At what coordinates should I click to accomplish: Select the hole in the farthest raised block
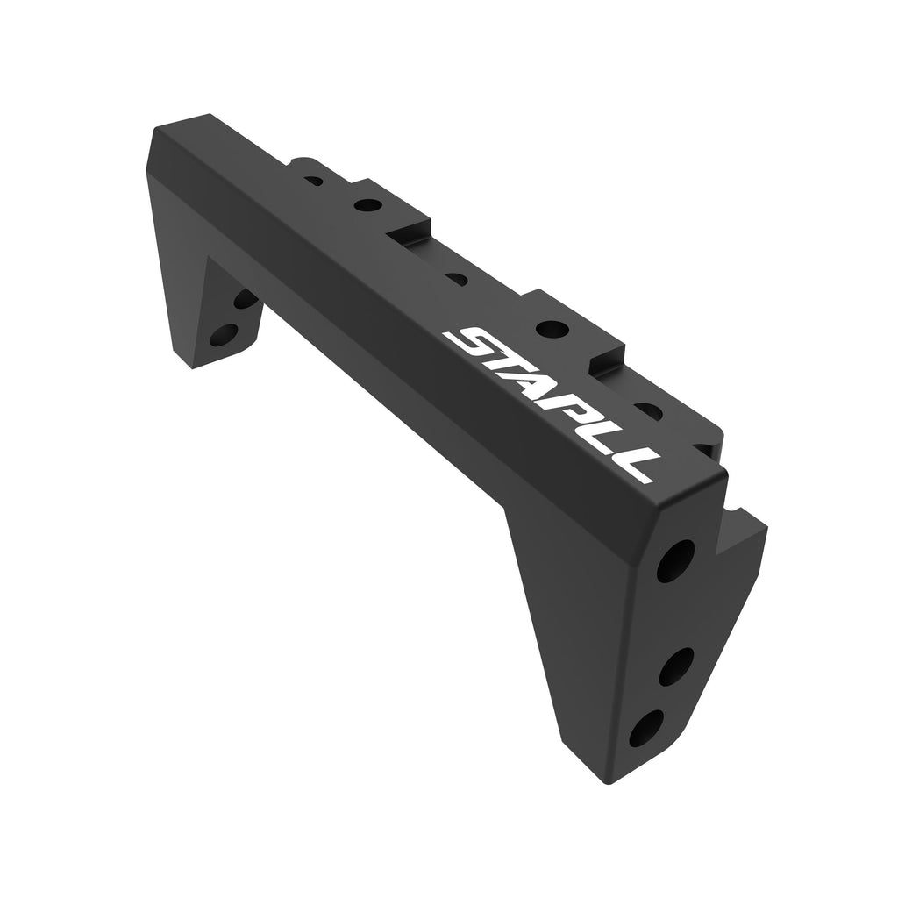pos(368,205)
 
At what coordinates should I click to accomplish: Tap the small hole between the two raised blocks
pos(456,280)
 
